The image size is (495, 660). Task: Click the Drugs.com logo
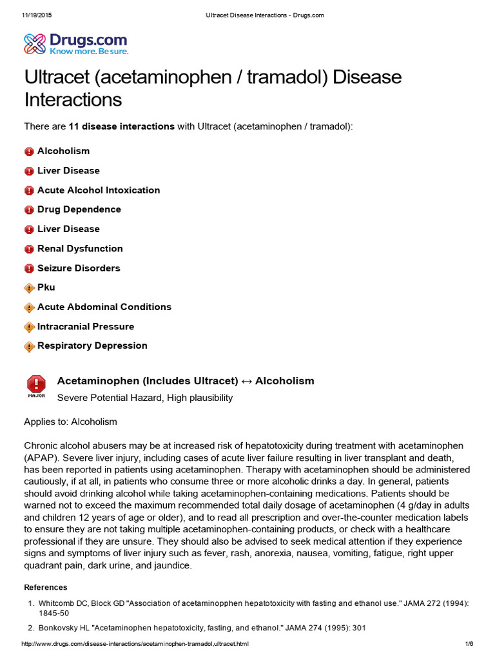(x=76, y=44)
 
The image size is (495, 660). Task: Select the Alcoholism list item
(x=63, y=151)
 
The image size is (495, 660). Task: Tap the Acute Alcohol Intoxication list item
(x=99, y=190)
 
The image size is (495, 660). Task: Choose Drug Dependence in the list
(x=79, y=209)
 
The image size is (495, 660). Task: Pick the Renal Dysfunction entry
(x=80, y=248)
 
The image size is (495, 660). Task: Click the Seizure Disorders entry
(x=79, y=268)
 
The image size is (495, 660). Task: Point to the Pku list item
(x=46, y=287)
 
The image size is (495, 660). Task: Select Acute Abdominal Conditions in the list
(x=104, y=307)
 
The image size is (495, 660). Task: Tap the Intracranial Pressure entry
(x=86, y=326)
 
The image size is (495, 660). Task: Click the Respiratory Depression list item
(x=92, y=345)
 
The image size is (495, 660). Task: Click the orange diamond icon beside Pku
(x=29, y=288)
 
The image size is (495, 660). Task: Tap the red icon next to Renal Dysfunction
(x=29, y=249)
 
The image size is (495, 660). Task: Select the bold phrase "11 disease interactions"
(x=121, y=126)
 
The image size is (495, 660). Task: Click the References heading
(x=45, y=587)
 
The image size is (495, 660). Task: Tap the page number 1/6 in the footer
(x=469, y=645)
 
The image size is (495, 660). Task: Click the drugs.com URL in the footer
(x=135, y=645)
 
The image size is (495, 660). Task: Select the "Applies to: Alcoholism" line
(x=70, y=422)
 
